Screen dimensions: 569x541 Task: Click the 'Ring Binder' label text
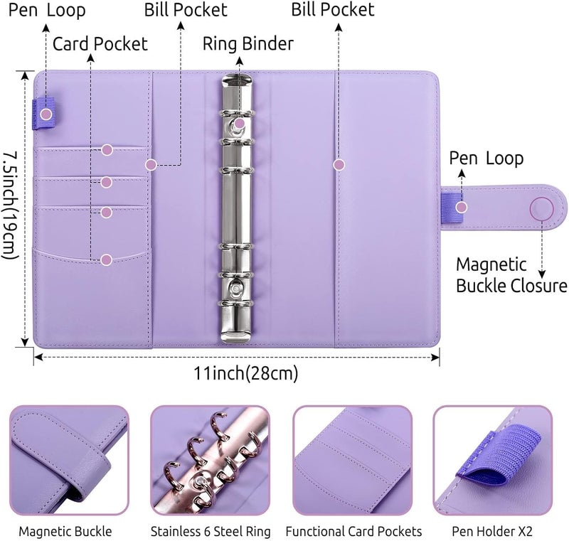[248, 44]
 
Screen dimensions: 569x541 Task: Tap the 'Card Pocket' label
[100, 44]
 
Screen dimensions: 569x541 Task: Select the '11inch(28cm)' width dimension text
[245, 373]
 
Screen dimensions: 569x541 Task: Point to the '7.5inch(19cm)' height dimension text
[10, 205]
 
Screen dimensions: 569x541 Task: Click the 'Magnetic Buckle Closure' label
[511, 275]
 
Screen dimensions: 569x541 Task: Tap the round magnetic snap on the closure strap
[541, 208]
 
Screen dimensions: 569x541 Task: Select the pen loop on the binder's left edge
[43, 114]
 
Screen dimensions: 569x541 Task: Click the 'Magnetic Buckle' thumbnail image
[69, 460]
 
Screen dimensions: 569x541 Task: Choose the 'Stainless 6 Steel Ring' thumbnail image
[210, 460]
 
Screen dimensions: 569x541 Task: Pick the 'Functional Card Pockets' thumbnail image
[352, 460]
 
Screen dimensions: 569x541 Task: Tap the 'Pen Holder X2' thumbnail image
[493, 460]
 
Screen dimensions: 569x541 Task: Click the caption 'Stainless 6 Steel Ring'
[211, 532]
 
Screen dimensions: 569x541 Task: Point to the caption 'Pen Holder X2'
[491, 532]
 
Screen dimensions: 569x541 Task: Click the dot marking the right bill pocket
[339, 165]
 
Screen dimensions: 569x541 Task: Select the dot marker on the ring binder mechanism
[239, 123]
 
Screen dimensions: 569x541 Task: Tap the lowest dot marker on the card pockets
[106, 259]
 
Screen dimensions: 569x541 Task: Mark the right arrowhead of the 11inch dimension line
[437, 358]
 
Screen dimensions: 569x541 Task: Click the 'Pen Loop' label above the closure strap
[486, 159]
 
